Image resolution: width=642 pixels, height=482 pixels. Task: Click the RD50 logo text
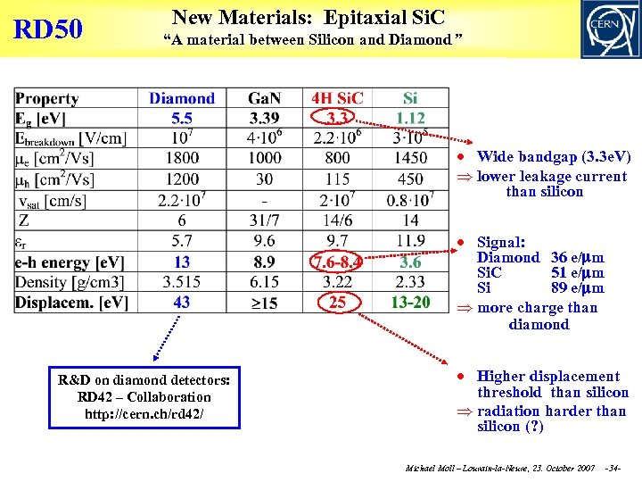(x=48, y=30)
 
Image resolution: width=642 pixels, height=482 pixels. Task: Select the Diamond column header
(x=182, y=98)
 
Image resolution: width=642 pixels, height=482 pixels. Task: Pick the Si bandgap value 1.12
(x=410, y=118)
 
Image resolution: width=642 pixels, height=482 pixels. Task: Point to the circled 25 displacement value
(x=337, y=303)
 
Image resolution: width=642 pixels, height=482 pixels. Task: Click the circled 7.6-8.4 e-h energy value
(x=338, y=262)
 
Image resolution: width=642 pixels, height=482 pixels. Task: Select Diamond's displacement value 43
(x=182, y=303)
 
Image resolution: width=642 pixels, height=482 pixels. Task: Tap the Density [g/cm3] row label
(x=70, y=282)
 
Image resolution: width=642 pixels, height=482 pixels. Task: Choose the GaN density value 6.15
(x=264, y=282)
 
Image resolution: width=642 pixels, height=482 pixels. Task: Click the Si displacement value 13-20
(x=410, y=303)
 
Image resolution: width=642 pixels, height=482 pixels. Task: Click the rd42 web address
(x=144, y=413)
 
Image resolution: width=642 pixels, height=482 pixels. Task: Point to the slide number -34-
(x=613, y=469)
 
